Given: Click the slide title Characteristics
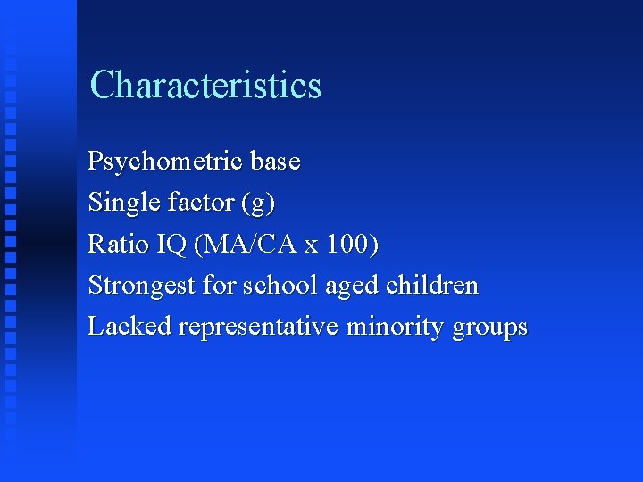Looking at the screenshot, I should coord(205,86).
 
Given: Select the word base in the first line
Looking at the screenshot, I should coord(275,162).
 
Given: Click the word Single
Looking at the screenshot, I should coord(124,204).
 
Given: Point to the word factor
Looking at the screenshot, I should coord(201,203).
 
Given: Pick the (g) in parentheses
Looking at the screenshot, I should coord(258,204).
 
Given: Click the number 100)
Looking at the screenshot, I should coord(353,244).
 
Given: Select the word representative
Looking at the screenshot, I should coord(258,328).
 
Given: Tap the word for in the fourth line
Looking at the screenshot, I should coord(218,286).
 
